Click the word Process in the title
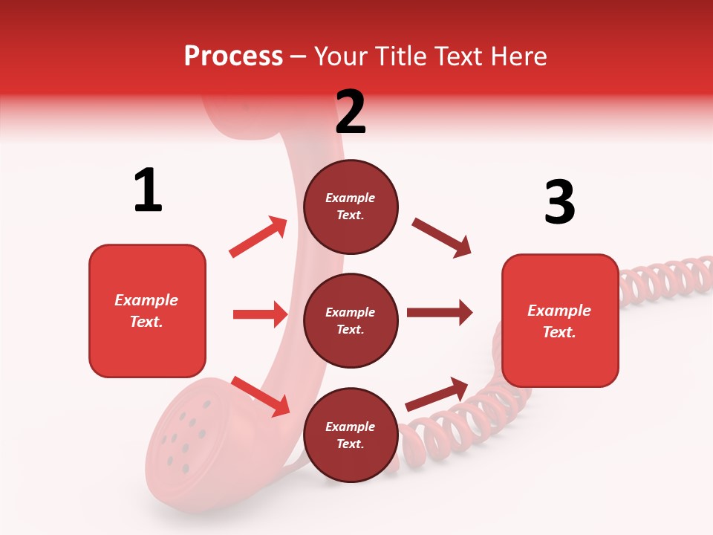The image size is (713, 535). tap(233, 56)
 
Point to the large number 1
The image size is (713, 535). tap(148, 190)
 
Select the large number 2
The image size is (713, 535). tap(351, 111)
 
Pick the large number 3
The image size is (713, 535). tap(559, 203)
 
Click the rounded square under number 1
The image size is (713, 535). tap(147, 311)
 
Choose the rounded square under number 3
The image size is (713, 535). tap(560, 321)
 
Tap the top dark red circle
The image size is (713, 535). tap(351, 207)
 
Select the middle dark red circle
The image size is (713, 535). tap(351, 321)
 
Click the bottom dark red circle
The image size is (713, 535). tap(351, 435)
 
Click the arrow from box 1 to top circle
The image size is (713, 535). tap(258, 237)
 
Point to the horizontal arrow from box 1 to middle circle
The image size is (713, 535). tap(260, 314)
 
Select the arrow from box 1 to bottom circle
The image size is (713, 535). tap(260, 395)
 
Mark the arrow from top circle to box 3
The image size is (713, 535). tap(441, 238)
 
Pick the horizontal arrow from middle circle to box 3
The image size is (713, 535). tap(440, 312)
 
